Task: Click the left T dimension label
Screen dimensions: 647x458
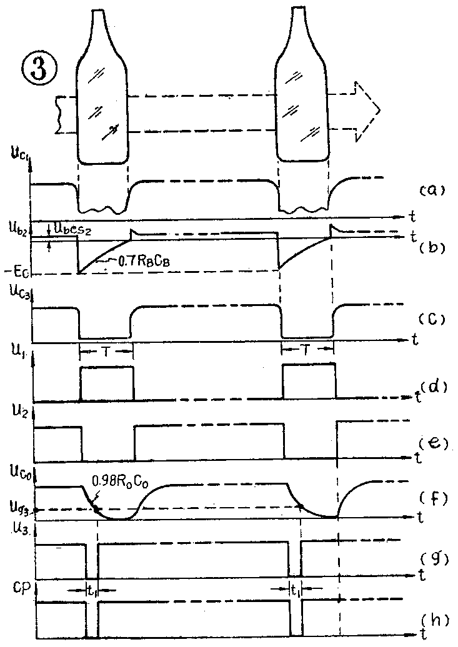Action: pyautogui.click(x=106, y=352)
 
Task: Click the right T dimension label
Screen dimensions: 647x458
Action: pyautogui.click(x=307, y=352)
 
